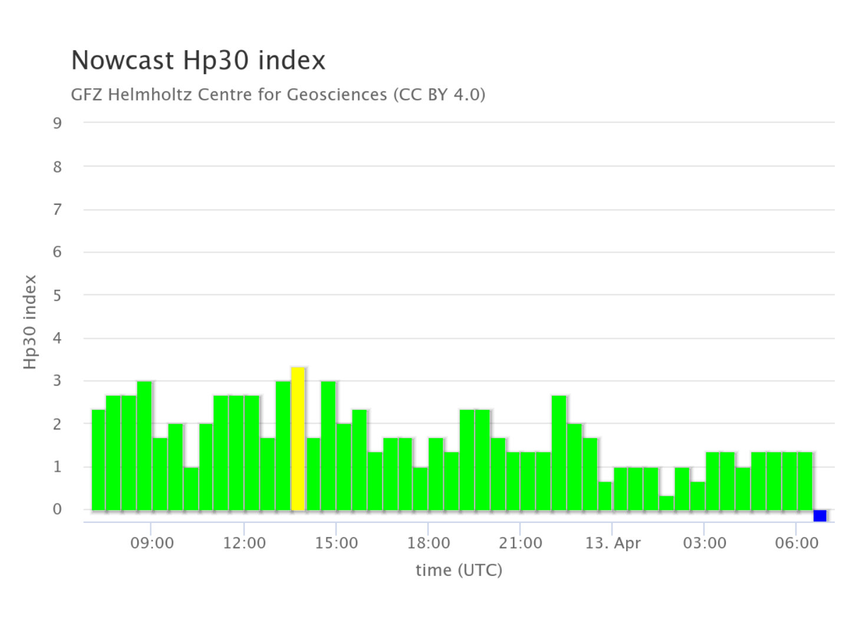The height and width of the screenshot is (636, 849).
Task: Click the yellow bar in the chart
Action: tap(298, 439)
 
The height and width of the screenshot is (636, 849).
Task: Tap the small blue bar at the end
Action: tap(820, 516)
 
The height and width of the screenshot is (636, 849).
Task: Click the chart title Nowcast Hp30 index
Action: tap(198, 60)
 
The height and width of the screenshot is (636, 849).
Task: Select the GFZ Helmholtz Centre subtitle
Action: tap(278, 94)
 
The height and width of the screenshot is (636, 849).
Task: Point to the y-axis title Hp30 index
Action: tap(30, 322)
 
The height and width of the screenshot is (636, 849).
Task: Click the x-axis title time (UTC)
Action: tap(459, 570)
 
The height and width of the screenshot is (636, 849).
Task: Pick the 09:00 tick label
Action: tap(152, 543)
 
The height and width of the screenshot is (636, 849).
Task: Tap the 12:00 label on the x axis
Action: tap(244, 543)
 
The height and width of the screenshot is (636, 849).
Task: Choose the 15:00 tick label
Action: tap(336, 543)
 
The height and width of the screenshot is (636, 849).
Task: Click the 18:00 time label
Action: tap(428, 543)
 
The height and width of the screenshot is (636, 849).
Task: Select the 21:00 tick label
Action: tap(520, 543)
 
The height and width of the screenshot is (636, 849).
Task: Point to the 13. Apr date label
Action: tap(613, 543)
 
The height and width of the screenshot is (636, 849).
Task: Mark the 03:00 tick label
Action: tap(704, 543)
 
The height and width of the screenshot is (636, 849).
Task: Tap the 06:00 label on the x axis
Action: tap(796, 543)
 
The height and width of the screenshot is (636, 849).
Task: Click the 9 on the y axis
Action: tap(57, 123)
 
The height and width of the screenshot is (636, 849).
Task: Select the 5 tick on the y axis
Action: tap(57, 296)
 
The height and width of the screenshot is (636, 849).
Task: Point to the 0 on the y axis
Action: tap(57, 510)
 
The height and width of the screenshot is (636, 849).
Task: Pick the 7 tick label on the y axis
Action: tap(57, 210)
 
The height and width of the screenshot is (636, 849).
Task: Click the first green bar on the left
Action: tap(98, 460)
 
